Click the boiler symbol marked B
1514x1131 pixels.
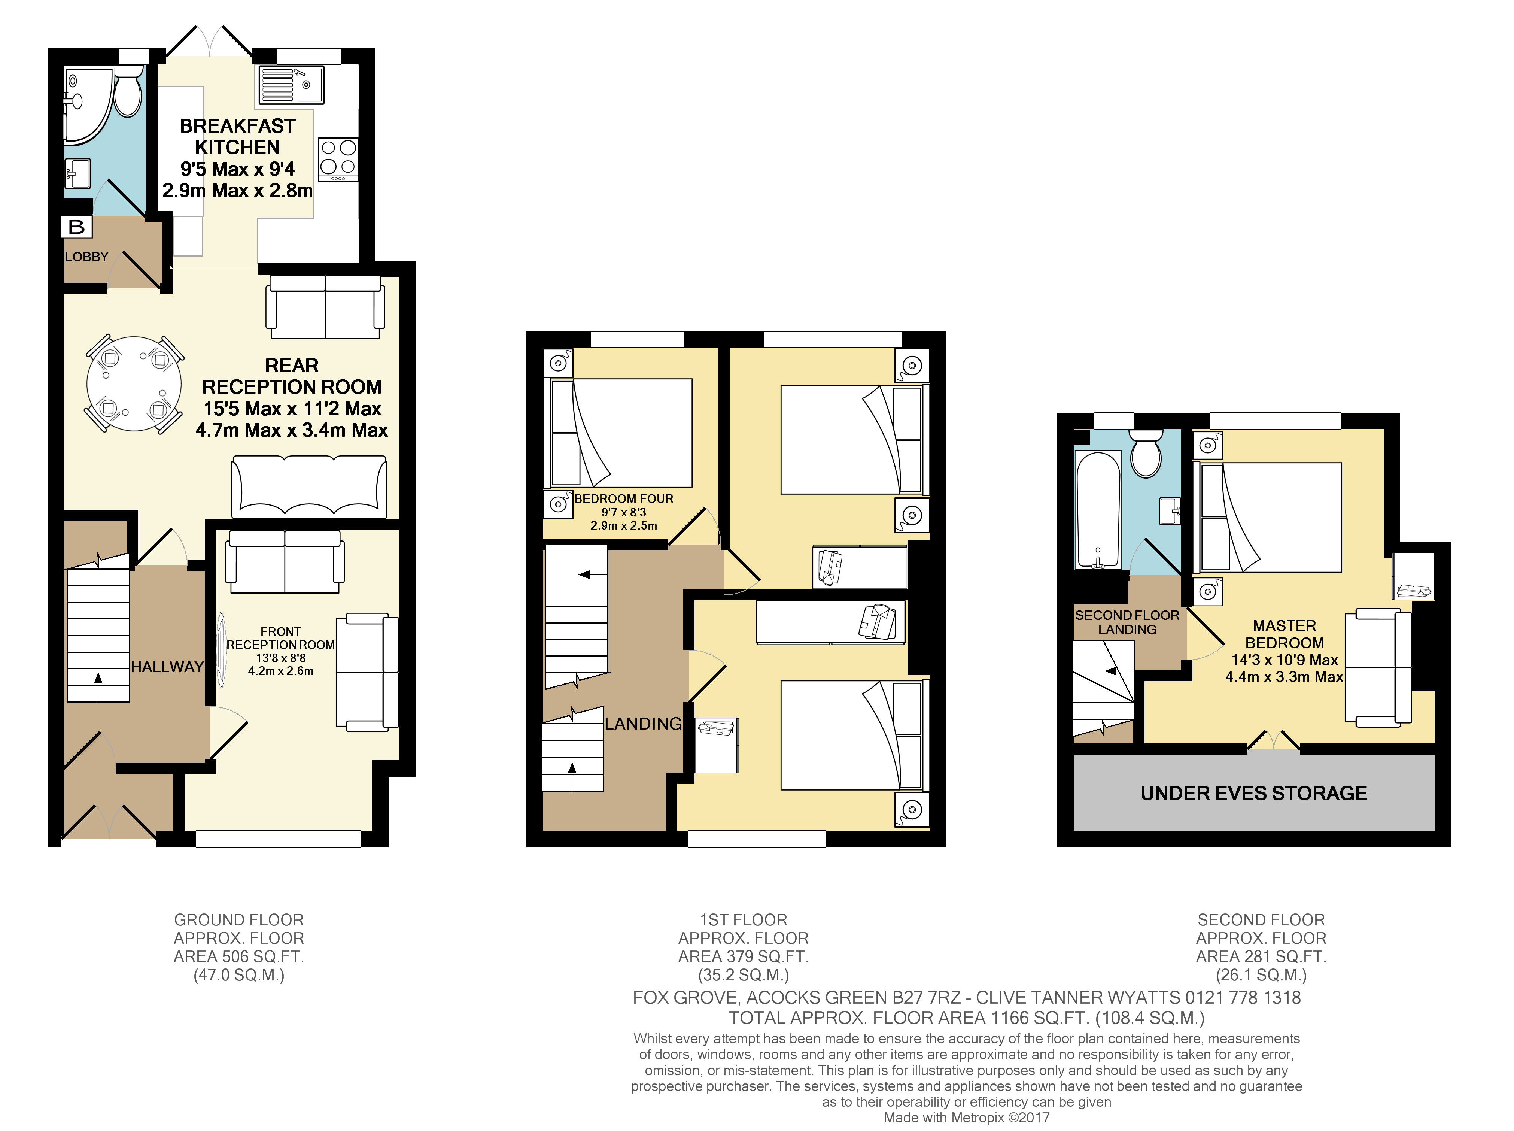coord(77,227)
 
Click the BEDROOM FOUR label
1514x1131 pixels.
coord(623,499)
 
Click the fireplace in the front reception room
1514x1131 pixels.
coord(222,651)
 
